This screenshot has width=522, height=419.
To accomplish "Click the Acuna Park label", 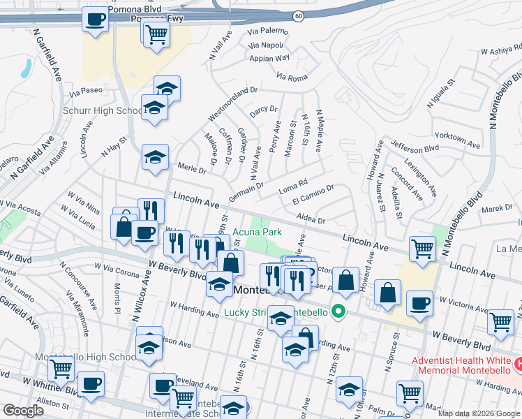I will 257,231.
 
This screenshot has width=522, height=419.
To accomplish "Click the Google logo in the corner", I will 23,411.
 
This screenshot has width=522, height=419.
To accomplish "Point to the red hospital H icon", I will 518,364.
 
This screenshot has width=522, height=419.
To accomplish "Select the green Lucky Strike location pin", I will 339,311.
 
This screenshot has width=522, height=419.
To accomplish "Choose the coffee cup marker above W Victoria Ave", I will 419,304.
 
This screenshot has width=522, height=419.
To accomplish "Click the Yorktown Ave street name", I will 457,138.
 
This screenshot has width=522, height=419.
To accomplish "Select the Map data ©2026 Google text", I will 479,413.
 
